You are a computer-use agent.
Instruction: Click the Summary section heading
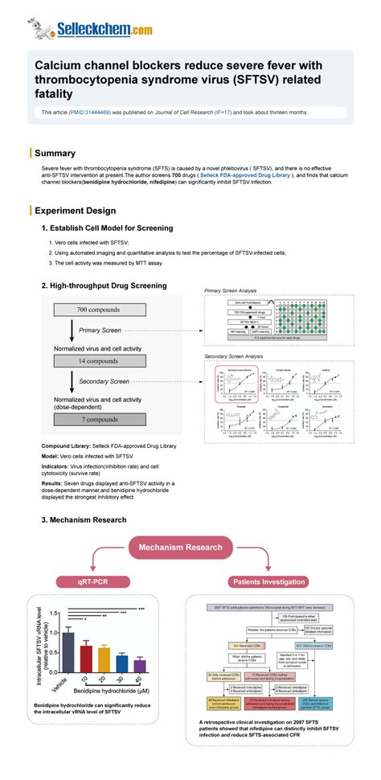(55, 153)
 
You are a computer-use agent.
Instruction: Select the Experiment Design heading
(75, 211)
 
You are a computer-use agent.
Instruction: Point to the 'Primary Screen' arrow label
(100, 330)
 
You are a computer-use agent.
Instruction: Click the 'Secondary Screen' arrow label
(104, 381)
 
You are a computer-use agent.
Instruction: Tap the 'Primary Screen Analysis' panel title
(231, 290)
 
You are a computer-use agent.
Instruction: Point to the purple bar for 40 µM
(140, 665)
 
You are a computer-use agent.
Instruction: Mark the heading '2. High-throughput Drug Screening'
(104, 285)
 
